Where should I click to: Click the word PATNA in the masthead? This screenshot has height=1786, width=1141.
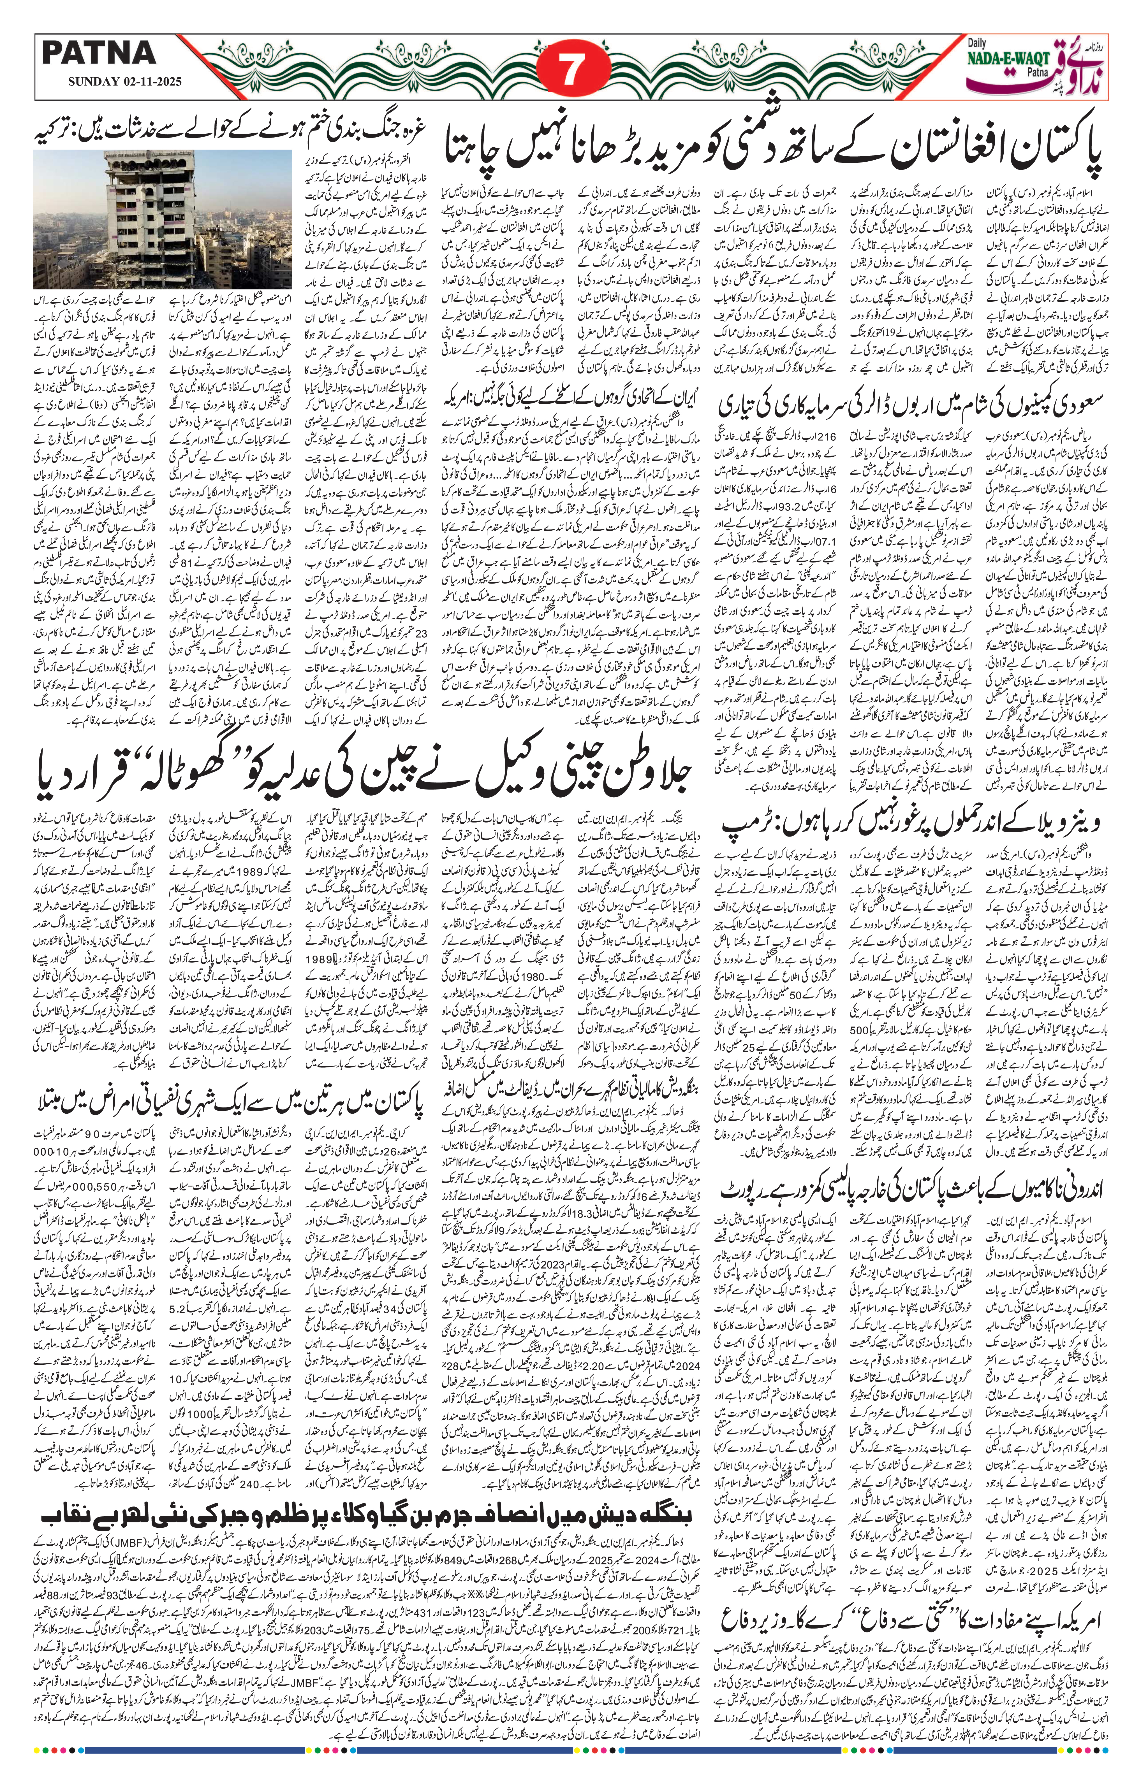[x=99, y=53]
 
